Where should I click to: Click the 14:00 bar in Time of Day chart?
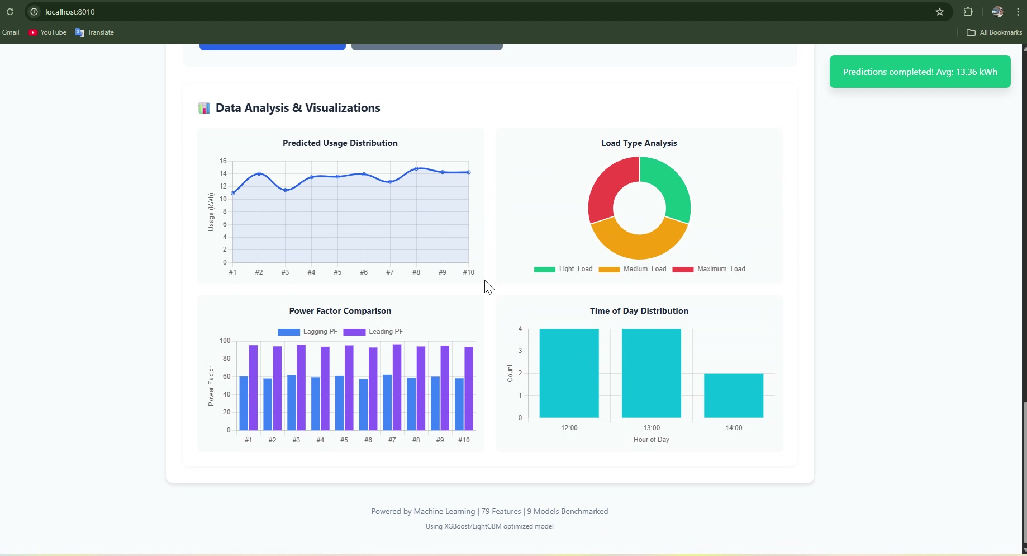coord(733,395)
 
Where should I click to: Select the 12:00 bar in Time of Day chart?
coord(569,373)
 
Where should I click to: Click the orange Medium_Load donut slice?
coord(639,241)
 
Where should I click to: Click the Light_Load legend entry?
coord(563,269)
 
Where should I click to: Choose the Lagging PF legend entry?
coord(308,332)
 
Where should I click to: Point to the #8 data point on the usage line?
coord(416,168)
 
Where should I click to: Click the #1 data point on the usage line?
coord(233,193)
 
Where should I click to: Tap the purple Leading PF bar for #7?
coord(397,387)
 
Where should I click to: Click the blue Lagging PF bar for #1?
coord(244,403)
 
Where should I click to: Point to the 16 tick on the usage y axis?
coord(223,161)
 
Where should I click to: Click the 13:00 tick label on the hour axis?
coord(652,428)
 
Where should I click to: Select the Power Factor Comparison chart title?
coord(340,311)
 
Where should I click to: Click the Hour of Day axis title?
coord(651,440)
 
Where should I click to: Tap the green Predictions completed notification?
coord(920,72)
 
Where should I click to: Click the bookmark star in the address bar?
coord(940,12)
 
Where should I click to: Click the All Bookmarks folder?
coord(995,32)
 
